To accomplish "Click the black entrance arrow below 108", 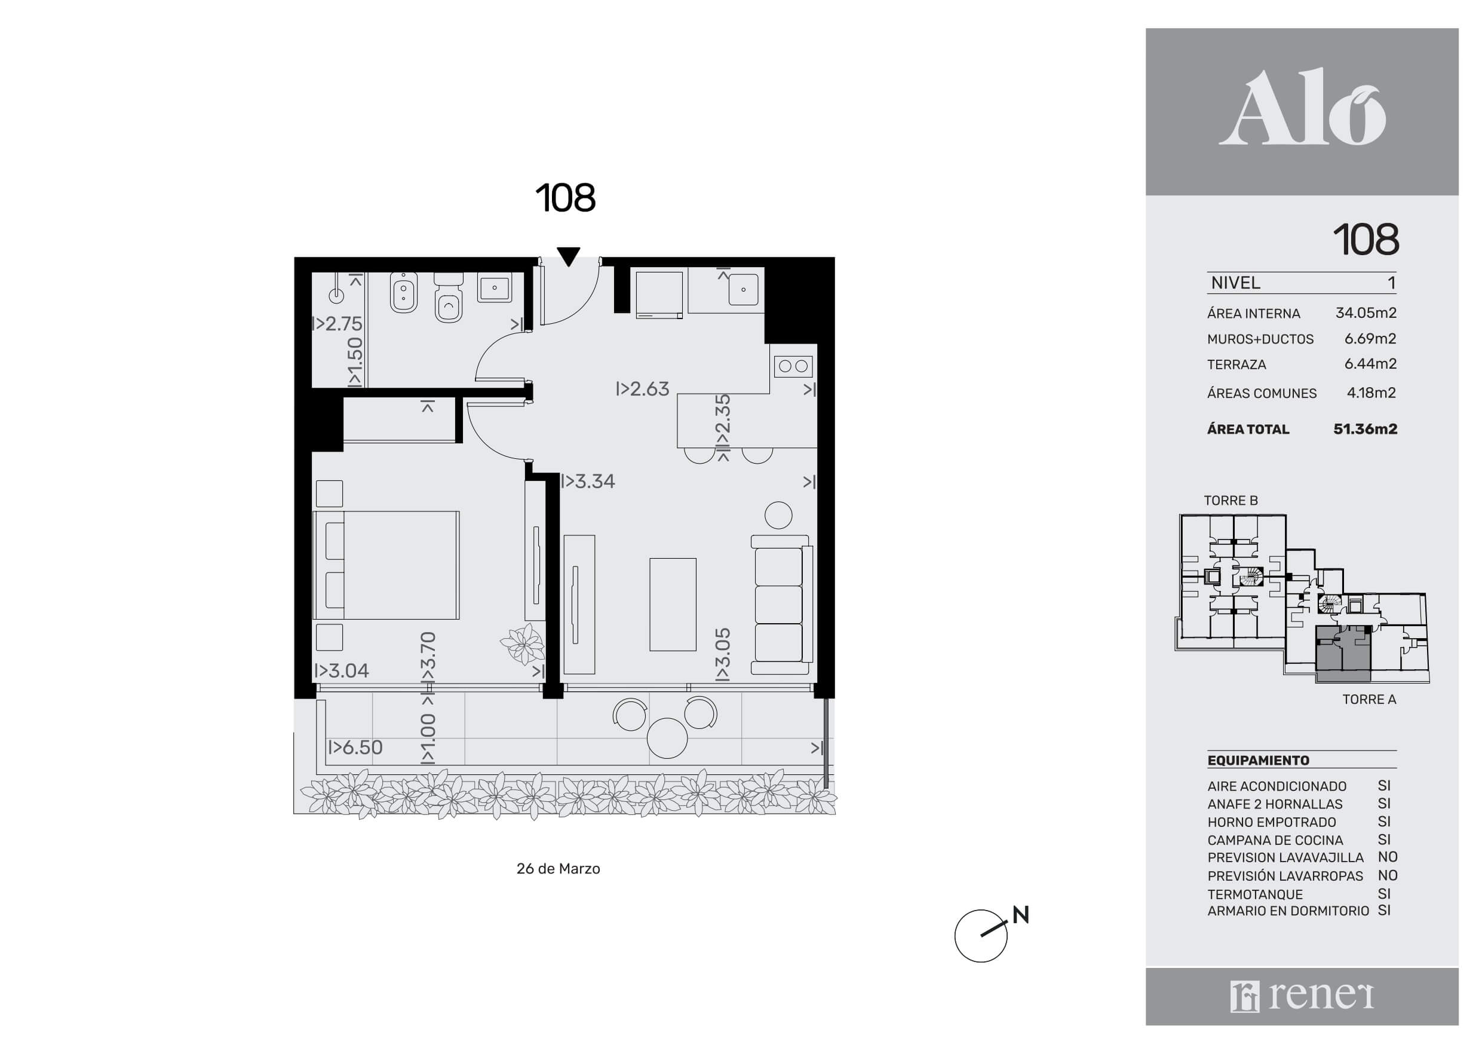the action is (568, 257).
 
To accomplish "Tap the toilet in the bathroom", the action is (449, 298).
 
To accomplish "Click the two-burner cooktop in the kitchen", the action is (793, 366).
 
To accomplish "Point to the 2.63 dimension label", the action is (643, 389).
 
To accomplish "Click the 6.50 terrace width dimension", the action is (355, 747).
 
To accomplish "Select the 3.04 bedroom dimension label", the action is (342, 670).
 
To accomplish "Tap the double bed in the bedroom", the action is (386, 566).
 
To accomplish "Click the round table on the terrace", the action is (667, 738).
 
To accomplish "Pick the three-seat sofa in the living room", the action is (781, 605).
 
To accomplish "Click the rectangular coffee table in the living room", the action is (673, 605).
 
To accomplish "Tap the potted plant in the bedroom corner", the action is (523, 645).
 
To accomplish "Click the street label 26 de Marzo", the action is (559, 869).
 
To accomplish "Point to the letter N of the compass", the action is (1020, 914).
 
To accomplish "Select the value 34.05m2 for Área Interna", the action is (1366, 312).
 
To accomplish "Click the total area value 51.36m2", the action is (1365, 429).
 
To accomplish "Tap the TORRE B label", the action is (1231, 501).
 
